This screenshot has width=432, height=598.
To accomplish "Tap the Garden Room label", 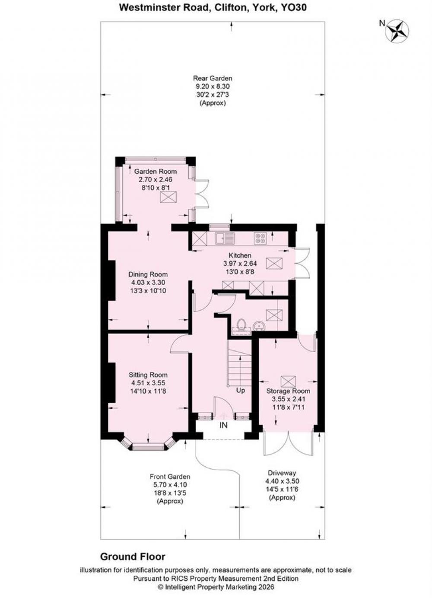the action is point(155,171).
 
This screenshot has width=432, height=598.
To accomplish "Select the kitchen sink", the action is point(225,238).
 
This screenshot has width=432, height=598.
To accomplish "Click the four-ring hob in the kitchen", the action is point(260,238).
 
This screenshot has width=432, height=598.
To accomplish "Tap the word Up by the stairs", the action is point(241,390).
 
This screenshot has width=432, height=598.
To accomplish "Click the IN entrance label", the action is point(223,425).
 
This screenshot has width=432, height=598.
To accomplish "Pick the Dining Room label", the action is point(148,274).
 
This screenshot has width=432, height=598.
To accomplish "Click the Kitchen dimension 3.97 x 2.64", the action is point(240,264).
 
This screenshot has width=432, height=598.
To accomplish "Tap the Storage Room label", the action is point(288,391).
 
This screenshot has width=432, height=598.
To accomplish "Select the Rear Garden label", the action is point(213,78).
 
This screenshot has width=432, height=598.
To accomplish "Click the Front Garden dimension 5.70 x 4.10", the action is point(170,484).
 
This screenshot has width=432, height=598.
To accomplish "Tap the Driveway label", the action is point(282,473).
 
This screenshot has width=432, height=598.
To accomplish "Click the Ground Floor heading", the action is point(133,557).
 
